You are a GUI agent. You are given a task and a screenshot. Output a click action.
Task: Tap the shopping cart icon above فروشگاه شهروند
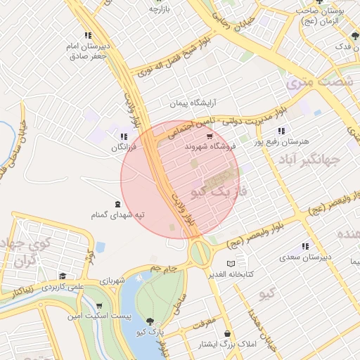pyautogui.click(x=210, y=136)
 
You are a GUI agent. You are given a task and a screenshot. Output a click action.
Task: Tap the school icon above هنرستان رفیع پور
pyautogui.click(x=281, y=131)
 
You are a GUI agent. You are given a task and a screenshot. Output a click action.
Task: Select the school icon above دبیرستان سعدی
pyautogui.click(x=305, y=247)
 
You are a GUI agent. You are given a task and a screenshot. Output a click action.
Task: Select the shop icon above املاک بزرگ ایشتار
pyautogui.click(x=227, y=333)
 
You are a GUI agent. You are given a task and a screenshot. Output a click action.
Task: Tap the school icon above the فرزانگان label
pyautogui.click(x=124, y=137)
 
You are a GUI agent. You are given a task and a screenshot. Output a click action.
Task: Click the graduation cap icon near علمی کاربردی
pyautogui.click(x=63, y=276)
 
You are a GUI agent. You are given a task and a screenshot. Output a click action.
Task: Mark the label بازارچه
pyautogui.click(x=160, y=8)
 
